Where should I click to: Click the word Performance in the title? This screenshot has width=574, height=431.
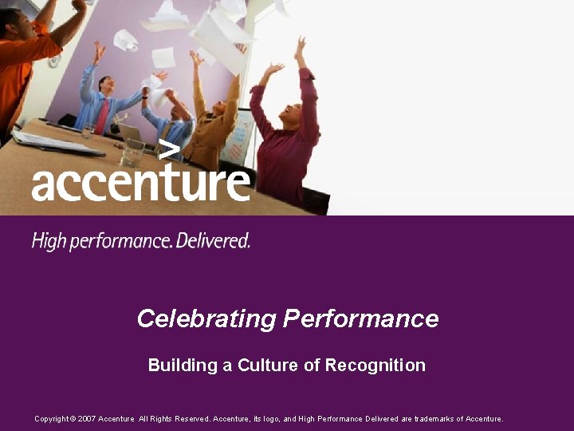[361, 318]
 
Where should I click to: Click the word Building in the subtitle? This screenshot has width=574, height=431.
[183, 366]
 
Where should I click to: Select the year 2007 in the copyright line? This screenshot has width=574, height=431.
[88, 419]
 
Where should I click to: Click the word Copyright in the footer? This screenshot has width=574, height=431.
[51, 419]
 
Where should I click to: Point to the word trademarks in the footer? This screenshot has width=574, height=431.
[433, 419]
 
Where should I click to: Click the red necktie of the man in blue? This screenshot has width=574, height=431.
[103, 117]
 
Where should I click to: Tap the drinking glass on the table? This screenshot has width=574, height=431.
[135, 151]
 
